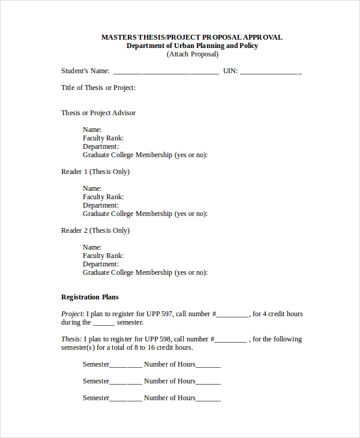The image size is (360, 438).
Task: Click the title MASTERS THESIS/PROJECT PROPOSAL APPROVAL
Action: click(191, 37)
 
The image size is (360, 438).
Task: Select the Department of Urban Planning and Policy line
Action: click(192, 46)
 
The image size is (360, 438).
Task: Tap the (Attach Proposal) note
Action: click(192, 54)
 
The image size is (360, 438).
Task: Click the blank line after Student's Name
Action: click(166, 72)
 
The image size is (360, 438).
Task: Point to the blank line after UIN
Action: click(271, 72)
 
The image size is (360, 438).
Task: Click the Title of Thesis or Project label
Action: click(98, 88)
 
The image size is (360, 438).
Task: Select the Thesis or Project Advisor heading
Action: click(98, 113)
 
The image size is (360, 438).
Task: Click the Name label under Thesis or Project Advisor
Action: click(92, 130)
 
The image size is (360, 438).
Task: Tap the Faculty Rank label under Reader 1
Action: click(103, 197)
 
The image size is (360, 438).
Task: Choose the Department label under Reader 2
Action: click(101, 264)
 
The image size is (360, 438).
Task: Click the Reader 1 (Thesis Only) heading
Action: click(95, 172)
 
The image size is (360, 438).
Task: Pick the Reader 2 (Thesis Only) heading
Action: click(95, 230)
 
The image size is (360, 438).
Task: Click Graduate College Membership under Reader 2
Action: click(145, 272)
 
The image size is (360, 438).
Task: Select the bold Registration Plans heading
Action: click(90, 297)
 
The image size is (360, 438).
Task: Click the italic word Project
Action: click(73, 314)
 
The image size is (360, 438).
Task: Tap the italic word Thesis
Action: click(71, 339)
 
